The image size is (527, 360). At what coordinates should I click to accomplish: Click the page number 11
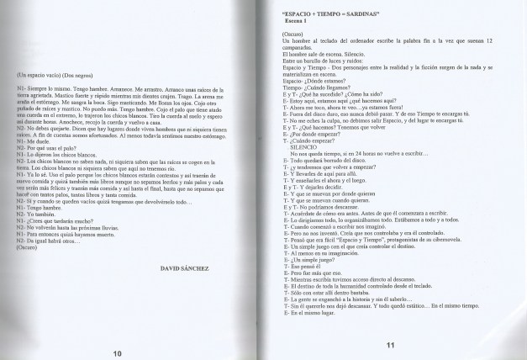point(389,345)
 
